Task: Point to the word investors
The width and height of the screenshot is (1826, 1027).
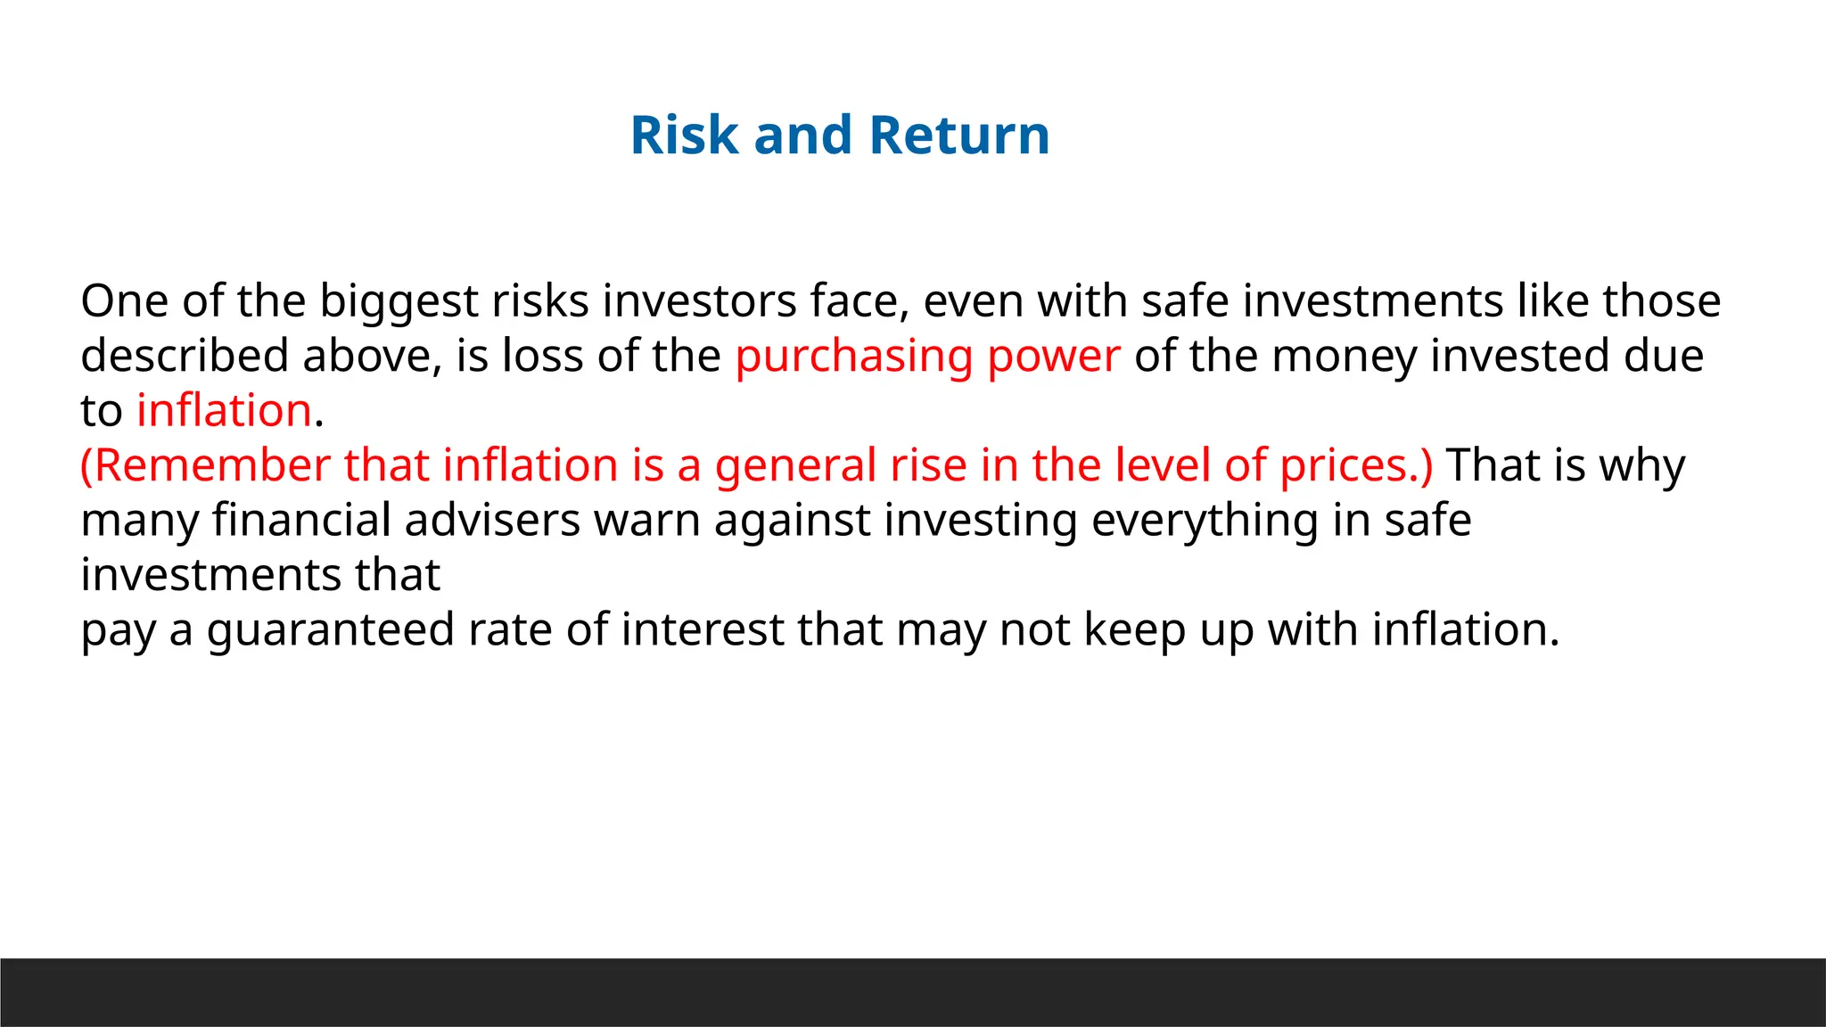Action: click(x=699, y=301)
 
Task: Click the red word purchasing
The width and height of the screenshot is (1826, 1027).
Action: click(x=854, y=357)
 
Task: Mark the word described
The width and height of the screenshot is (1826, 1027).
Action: click(x=185, y=357)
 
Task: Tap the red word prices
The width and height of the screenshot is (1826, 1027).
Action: click(x=1350, y=466)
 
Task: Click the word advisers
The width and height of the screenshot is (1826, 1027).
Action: click(x=492, y=521)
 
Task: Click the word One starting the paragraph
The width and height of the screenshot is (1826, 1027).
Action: click(x=124, y=301)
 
